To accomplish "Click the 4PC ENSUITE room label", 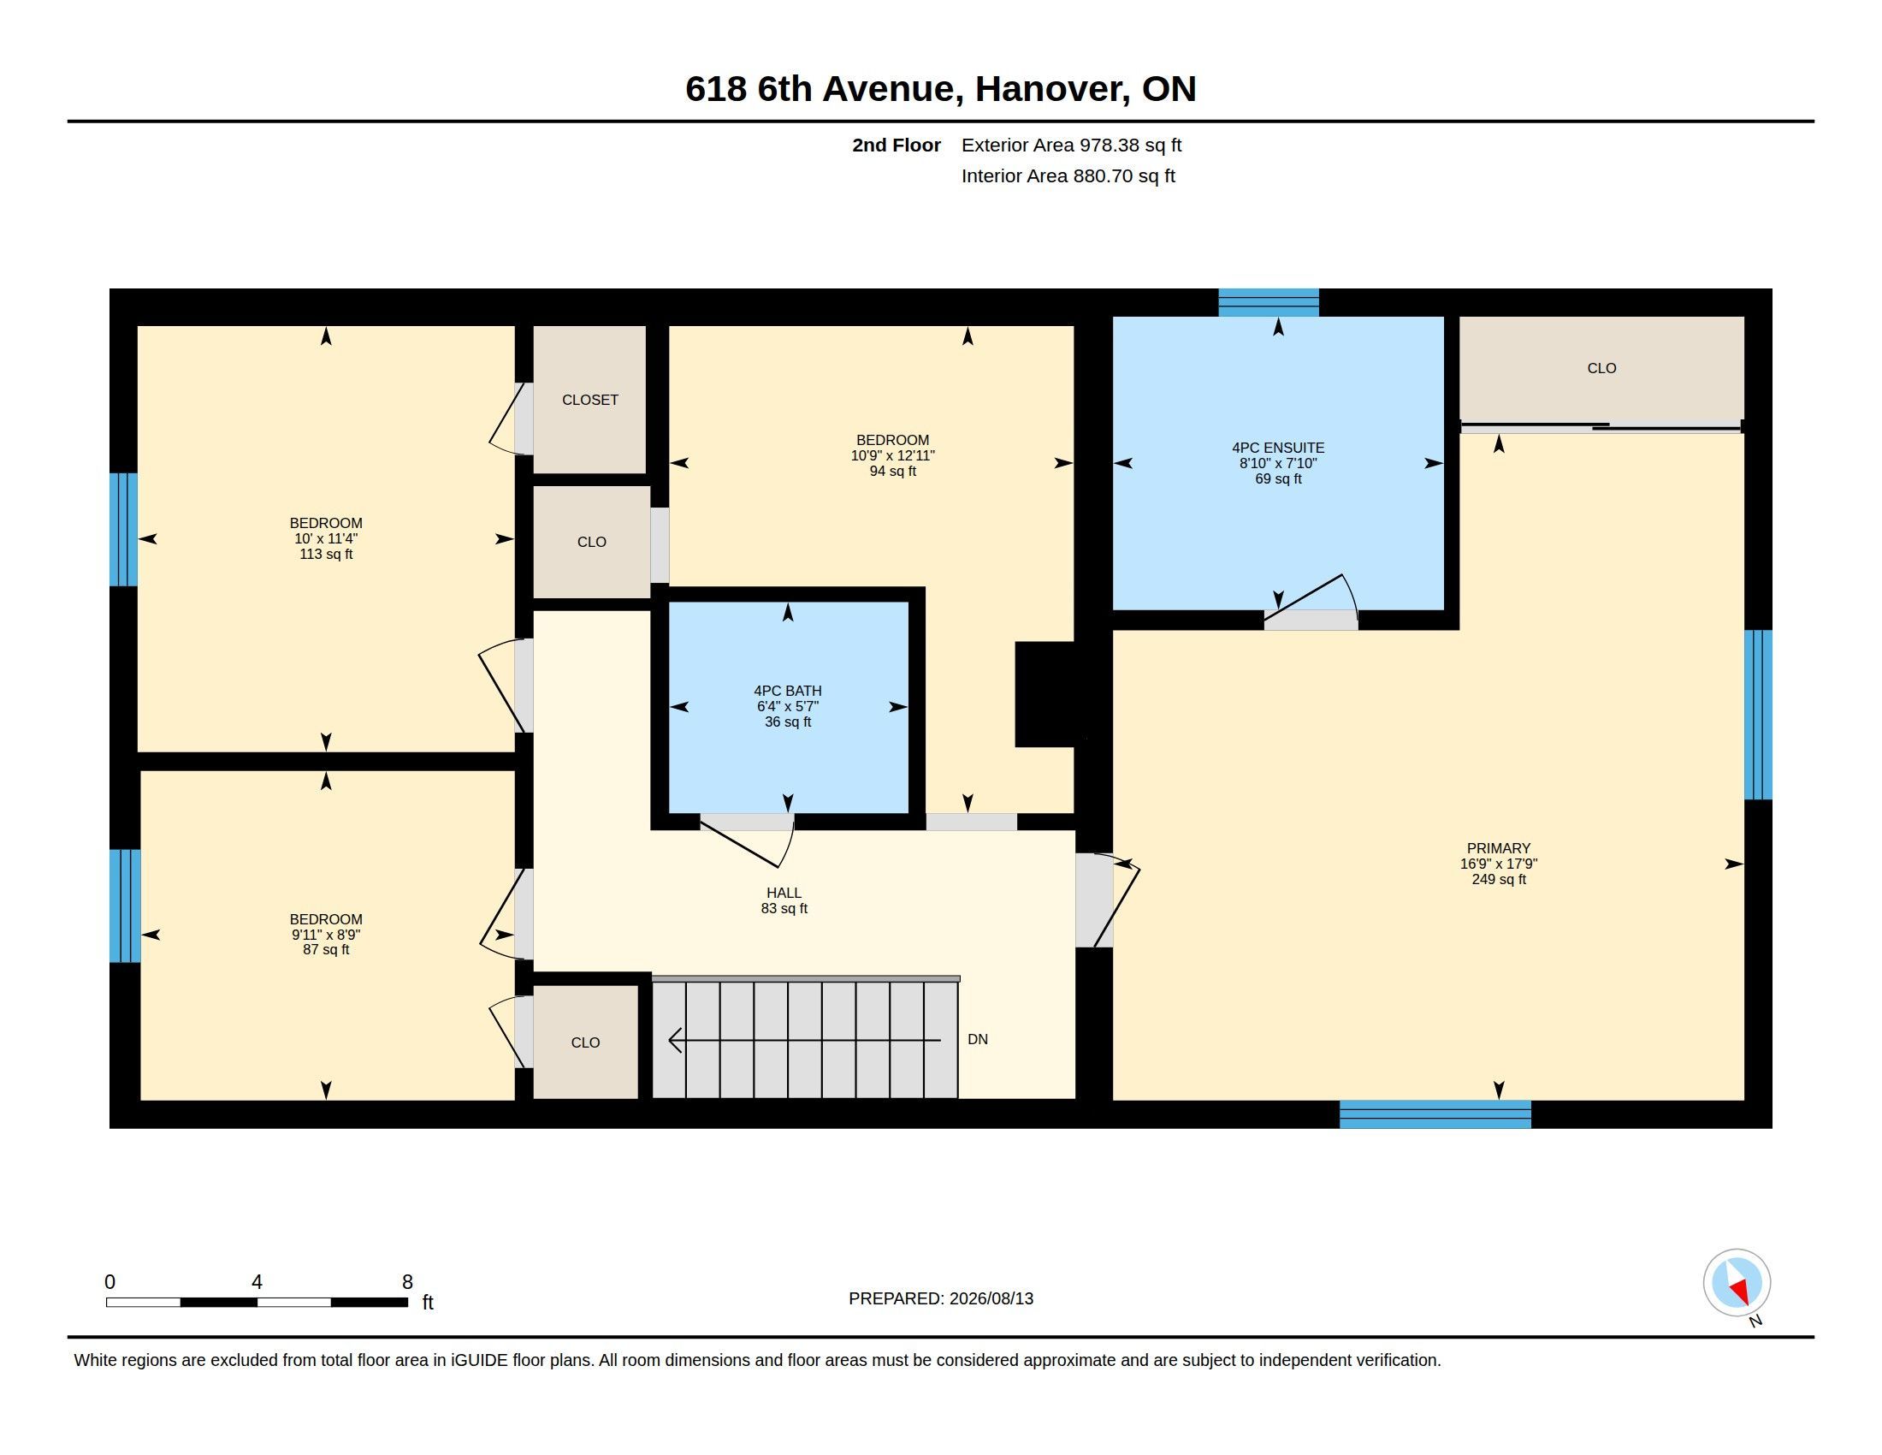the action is [1278, 448].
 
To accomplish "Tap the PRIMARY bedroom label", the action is [1499, 848].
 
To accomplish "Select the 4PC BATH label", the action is [788, 691].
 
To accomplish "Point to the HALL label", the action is [784, 893].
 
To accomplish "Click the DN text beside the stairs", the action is [977, 1040].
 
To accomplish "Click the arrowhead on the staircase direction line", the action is [676, 1041].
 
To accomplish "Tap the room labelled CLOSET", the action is [589, 399].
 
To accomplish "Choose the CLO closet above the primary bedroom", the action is [1601, 368].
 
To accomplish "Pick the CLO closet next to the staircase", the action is [585, 1042].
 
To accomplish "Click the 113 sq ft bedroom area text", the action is [326, 555].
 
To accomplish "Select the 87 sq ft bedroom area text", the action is [326, 950].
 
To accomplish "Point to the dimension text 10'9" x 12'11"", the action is [893, 455].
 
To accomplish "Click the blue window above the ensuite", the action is [1269, 302].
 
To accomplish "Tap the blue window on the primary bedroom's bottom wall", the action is [1435, 1114].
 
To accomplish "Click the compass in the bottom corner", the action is [1737, 1282].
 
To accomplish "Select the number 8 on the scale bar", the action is [406, 1282].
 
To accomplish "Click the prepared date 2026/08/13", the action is [991, 1298].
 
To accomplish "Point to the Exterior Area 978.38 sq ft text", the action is [1071, 145].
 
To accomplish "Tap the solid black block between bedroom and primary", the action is [1046, 694].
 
